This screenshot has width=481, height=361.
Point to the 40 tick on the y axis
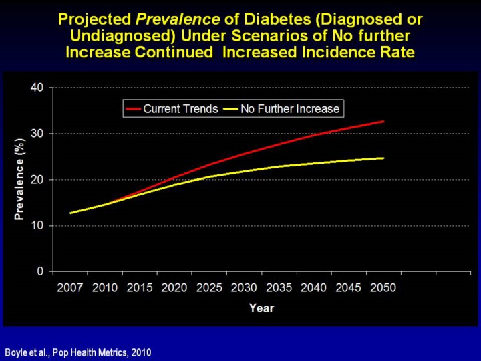click(x=38, y=87)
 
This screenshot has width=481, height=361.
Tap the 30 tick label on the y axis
click(x=38, y=133)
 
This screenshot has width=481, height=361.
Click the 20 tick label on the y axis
click(x=38, y=179)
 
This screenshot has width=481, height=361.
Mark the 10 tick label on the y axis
click(x=38, y=225)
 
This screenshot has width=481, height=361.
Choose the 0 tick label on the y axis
click(x=41, y=271)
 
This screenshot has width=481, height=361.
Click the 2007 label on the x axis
click(x=70, y=288)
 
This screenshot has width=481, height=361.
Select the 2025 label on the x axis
click(x=209, y=288)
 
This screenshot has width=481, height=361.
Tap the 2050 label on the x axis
click(x=383, y=288)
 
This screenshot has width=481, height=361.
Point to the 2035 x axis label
click(x=279, y=288)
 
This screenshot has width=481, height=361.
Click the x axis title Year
click(x=261, y=308)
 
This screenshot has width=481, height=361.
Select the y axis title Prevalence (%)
click(x=19, y=179)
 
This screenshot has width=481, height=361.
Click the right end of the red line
click(x=383, y=122)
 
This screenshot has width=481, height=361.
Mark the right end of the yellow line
click(x=383, y=158)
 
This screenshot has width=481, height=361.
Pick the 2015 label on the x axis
click(x=140, y=288)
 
